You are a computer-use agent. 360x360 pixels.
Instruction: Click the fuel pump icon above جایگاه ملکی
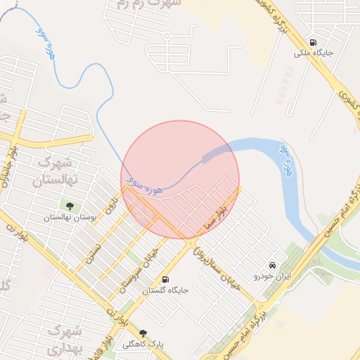(312, 42)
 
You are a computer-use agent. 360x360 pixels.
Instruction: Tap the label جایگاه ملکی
(312, 53)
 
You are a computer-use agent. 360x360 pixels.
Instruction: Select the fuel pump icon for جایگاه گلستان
(165, 279)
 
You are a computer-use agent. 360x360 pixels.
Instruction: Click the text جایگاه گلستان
(166, 290)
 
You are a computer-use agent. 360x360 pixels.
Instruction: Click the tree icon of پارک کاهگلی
(143, 333)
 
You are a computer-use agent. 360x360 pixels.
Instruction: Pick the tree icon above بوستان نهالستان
(69, 205)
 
